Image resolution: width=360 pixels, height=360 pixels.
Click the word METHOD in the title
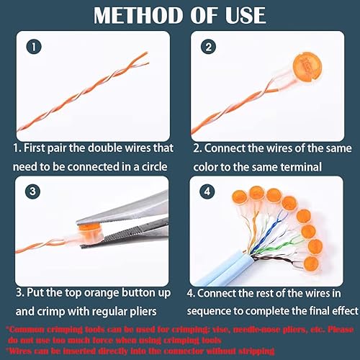pyautogui.click(x=138, y=15)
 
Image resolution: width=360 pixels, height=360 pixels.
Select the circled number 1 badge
pyautogui.click(x=34, y=47)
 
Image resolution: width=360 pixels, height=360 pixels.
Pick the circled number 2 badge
pyautogui.click(x=208, y=47)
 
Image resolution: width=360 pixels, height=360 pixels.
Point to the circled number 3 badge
pyautogui.click(x=32, y=192)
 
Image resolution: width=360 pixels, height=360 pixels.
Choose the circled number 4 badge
pyautogui.click(x=207, y=192)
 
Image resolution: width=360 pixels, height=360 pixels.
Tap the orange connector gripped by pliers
pyautogui.click(x=89, y=233)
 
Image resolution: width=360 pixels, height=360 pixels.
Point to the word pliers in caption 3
pyautogui.click(x=143, y=312)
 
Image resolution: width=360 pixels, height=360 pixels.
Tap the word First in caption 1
pyautogui.click(x=34, y=148)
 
